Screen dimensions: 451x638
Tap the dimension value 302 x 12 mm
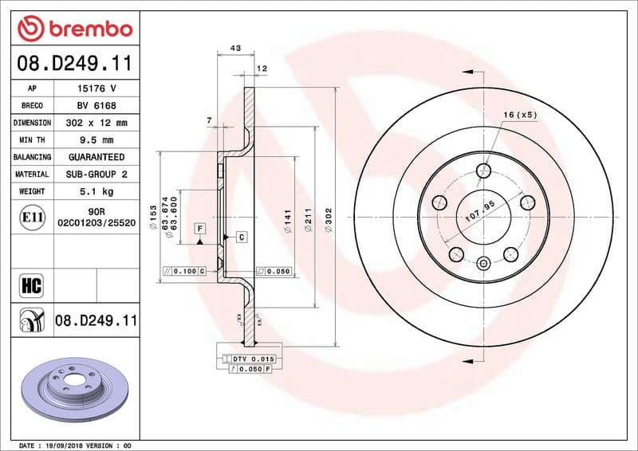[96, 124]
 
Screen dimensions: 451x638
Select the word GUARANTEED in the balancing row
[96, 158]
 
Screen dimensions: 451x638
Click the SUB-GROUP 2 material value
[96, 175]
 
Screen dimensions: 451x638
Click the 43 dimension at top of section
[235, 49]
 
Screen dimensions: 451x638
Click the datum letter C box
[240, 237]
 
